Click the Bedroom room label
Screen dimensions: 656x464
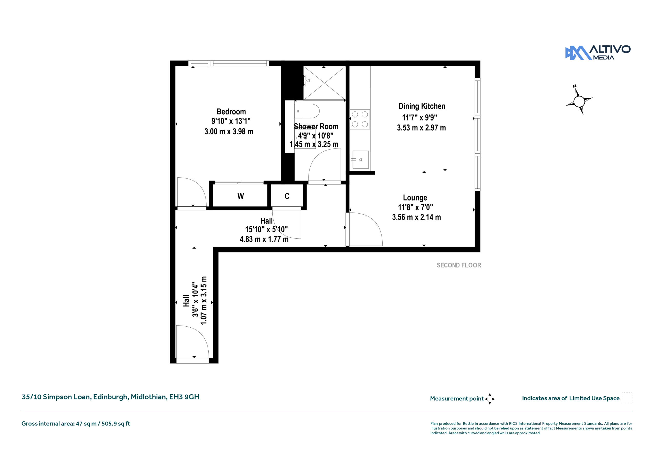pos(231,112)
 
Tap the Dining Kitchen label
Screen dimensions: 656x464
pos(422,106)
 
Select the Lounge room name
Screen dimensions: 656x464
pos(415,198)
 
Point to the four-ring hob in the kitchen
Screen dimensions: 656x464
pos(360,119)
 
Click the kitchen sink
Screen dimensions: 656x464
pos(360,159)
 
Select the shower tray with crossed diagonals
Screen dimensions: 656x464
pos(324,83)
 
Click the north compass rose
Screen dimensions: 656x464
pos(579,101)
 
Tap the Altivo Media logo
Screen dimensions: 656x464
pos(598,53)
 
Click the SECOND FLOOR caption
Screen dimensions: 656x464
pos(459,265)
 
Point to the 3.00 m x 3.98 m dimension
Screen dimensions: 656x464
pos(229,132)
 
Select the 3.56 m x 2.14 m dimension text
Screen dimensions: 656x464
pos(416,217)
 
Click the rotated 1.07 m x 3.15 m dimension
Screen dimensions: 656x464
pos(204,300)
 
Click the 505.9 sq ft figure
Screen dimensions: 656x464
pos(116,424)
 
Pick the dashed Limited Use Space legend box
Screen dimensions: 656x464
pos(627,398)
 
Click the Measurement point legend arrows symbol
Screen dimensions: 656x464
pos(490,399)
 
